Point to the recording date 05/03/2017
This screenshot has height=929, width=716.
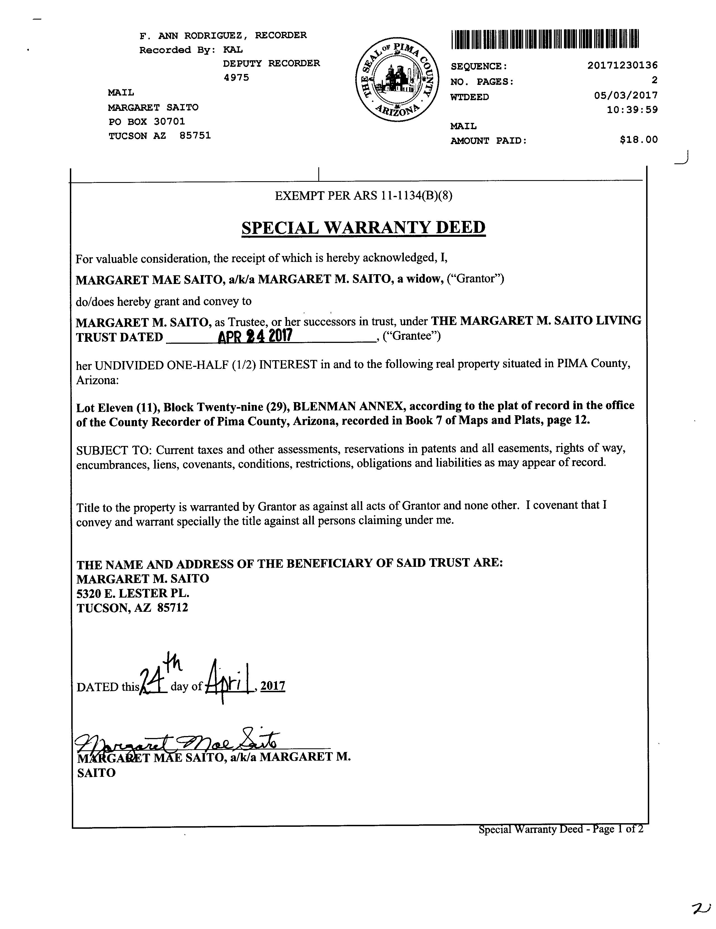(x=626, y=95)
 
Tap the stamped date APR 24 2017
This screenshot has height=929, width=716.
(x=255, y=336)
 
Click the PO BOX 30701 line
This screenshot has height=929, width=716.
(x=147, y=122)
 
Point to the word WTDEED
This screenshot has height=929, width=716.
(x=470, y=97)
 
